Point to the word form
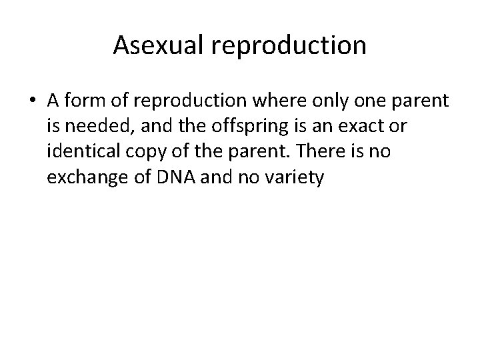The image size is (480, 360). [x=85, y=101]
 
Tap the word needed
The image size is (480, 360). [x=92, y=127]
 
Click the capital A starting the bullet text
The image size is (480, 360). [x=54, y=101]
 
